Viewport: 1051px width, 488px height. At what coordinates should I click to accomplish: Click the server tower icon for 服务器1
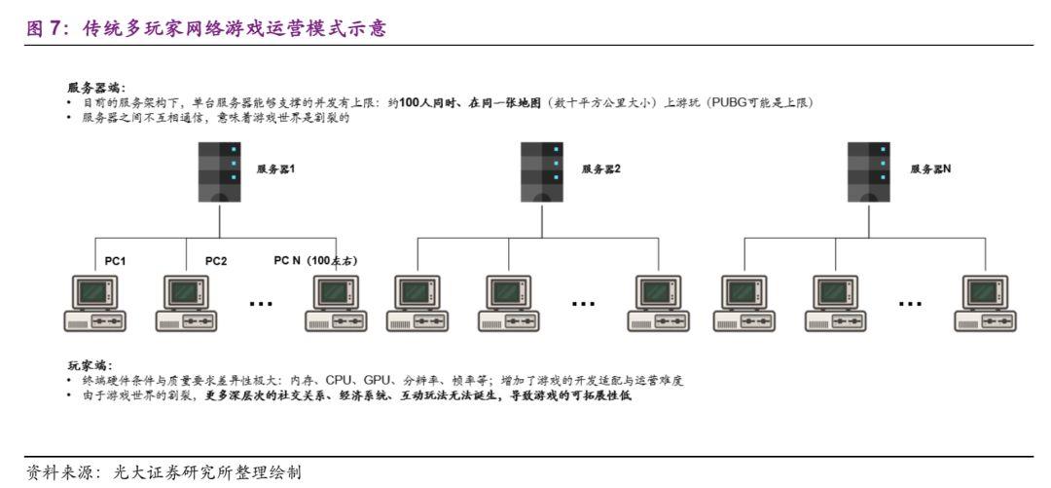(x=220, y=171)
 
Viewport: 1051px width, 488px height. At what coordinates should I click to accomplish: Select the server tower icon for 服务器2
(x=542, y=171)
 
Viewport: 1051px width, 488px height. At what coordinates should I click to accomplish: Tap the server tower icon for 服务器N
(x=868, y=171)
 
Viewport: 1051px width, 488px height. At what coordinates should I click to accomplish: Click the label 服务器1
(x=275, y=169)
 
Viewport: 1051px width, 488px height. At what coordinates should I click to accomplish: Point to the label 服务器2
(x=601, y=169)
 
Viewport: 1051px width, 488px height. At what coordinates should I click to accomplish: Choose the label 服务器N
(x=930, y=169)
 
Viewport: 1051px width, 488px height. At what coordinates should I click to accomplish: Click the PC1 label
(x=116, y=261)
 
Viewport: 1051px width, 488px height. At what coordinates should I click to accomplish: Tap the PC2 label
(x=215, y=261)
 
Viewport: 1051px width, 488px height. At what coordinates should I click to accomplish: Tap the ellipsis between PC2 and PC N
(x=261, y=303)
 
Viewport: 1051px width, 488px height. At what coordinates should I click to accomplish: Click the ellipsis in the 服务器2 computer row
(x=583, y=303)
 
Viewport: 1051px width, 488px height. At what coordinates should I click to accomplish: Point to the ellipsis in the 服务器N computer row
(x=910, y=303)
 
